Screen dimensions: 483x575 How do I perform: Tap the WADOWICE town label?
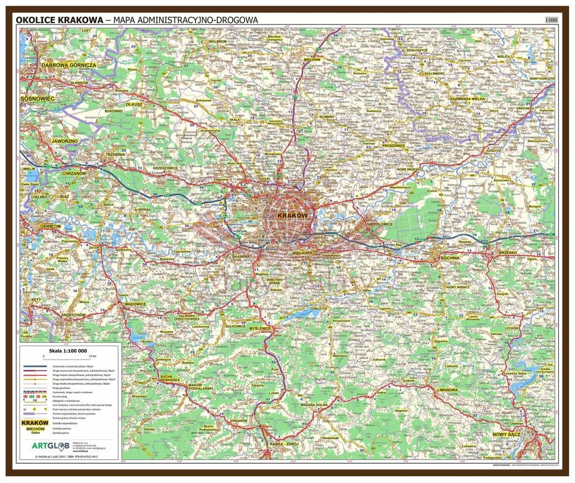[x=135, y=304]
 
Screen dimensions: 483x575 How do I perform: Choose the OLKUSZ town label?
[x=134, y=104]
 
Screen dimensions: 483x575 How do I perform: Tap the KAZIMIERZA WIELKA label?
[x=467, y=99]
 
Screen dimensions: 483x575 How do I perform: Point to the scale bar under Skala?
[x=69, y=358]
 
